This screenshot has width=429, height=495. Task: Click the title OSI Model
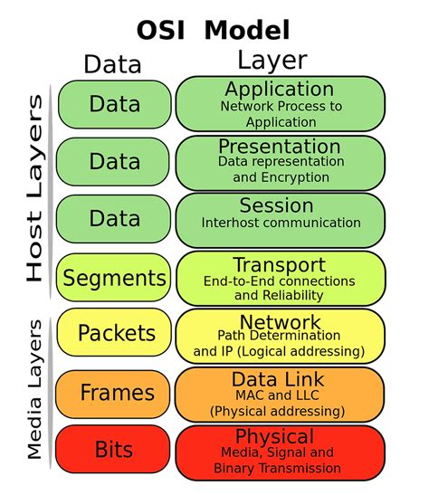pos(214,30)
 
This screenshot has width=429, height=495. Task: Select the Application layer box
pos(281,103)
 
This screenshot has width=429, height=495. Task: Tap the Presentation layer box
pos(281,161)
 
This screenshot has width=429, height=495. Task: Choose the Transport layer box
pos(281,278)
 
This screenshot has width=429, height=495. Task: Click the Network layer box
pos(281,335)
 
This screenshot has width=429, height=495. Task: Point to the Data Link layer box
pos(281,393)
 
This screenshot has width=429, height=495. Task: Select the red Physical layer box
pos(281,452)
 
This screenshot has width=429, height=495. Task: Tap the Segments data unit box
pos(113,278)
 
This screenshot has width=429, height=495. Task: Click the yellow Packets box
pos(113,335)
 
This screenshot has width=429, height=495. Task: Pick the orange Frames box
pos(113,393)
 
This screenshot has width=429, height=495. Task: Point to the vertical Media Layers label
pos(34,388)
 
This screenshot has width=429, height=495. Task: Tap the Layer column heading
pos(272,62)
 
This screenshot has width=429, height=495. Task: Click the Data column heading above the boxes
pos(112,64)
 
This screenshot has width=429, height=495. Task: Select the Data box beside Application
pos(113,103)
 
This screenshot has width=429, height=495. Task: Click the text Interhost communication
pos(281,223)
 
